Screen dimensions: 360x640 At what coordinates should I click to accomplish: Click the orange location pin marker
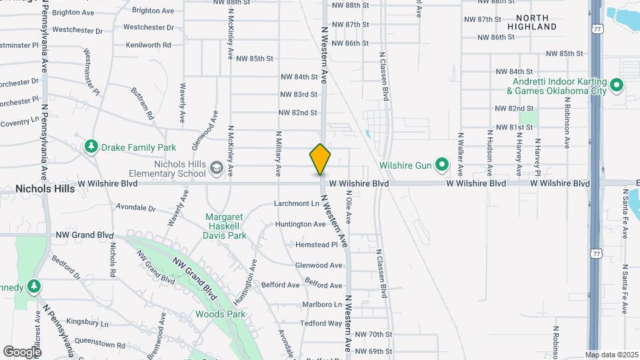[320, 159]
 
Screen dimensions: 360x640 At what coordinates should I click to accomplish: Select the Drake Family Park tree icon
[91, 147]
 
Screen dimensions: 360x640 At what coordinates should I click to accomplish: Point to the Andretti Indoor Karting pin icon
[617, 85]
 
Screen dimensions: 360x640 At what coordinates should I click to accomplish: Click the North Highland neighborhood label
[531, 22]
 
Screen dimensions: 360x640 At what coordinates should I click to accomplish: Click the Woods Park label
[220, 314]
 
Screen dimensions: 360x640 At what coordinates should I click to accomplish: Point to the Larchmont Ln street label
[297, 203]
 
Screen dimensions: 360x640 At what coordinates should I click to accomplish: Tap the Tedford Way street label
[321, 323]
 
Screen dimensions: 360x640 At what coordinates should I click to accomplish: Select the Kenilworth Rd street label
[148, 45]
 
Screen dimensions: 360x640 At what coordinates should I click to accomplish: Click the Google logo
[22, 351]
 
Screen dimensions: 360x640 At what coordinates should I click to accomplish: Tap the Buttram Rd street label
[143, 103]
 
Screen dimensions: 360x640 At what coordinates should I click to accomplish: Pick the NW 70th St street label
[373, 334]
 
